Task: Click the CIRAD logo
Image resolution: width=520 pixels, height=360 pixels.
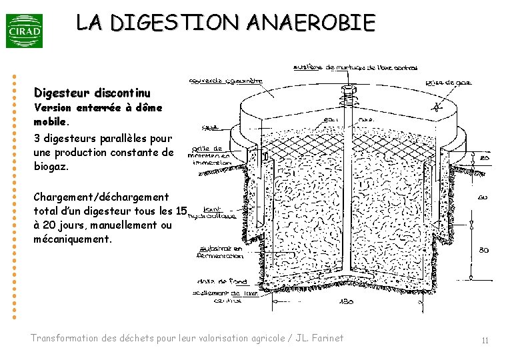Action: [24, 31]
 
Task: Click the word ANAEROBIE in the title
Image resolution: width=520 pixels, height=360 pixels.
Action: [310, 23]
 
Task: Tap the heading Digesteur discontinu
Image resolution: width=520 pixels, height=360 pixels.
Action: [92, 92]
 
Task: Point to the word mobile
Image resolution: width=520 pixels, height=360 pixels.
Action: [50, 122]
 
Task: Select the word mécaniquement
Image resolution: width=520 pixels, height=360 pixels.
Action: [73, 238]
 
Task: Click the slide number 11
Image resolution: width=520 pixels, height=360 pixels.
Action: [485, 341]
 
